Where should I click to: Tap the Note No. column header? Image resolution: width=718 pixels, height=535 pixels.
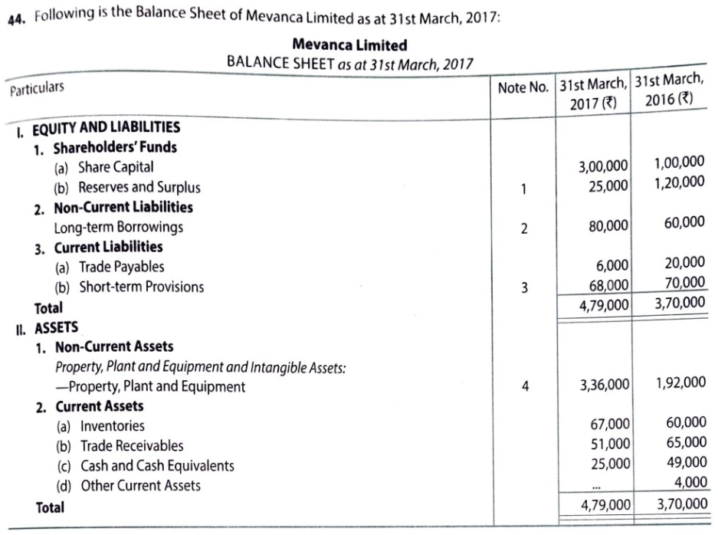(523, 87)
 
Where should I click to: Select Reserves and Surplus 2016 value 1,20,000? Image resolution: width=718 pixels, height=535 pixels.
(680, 182)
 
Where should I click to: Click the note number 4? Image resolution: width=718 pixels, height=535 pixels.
(524, 387)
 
